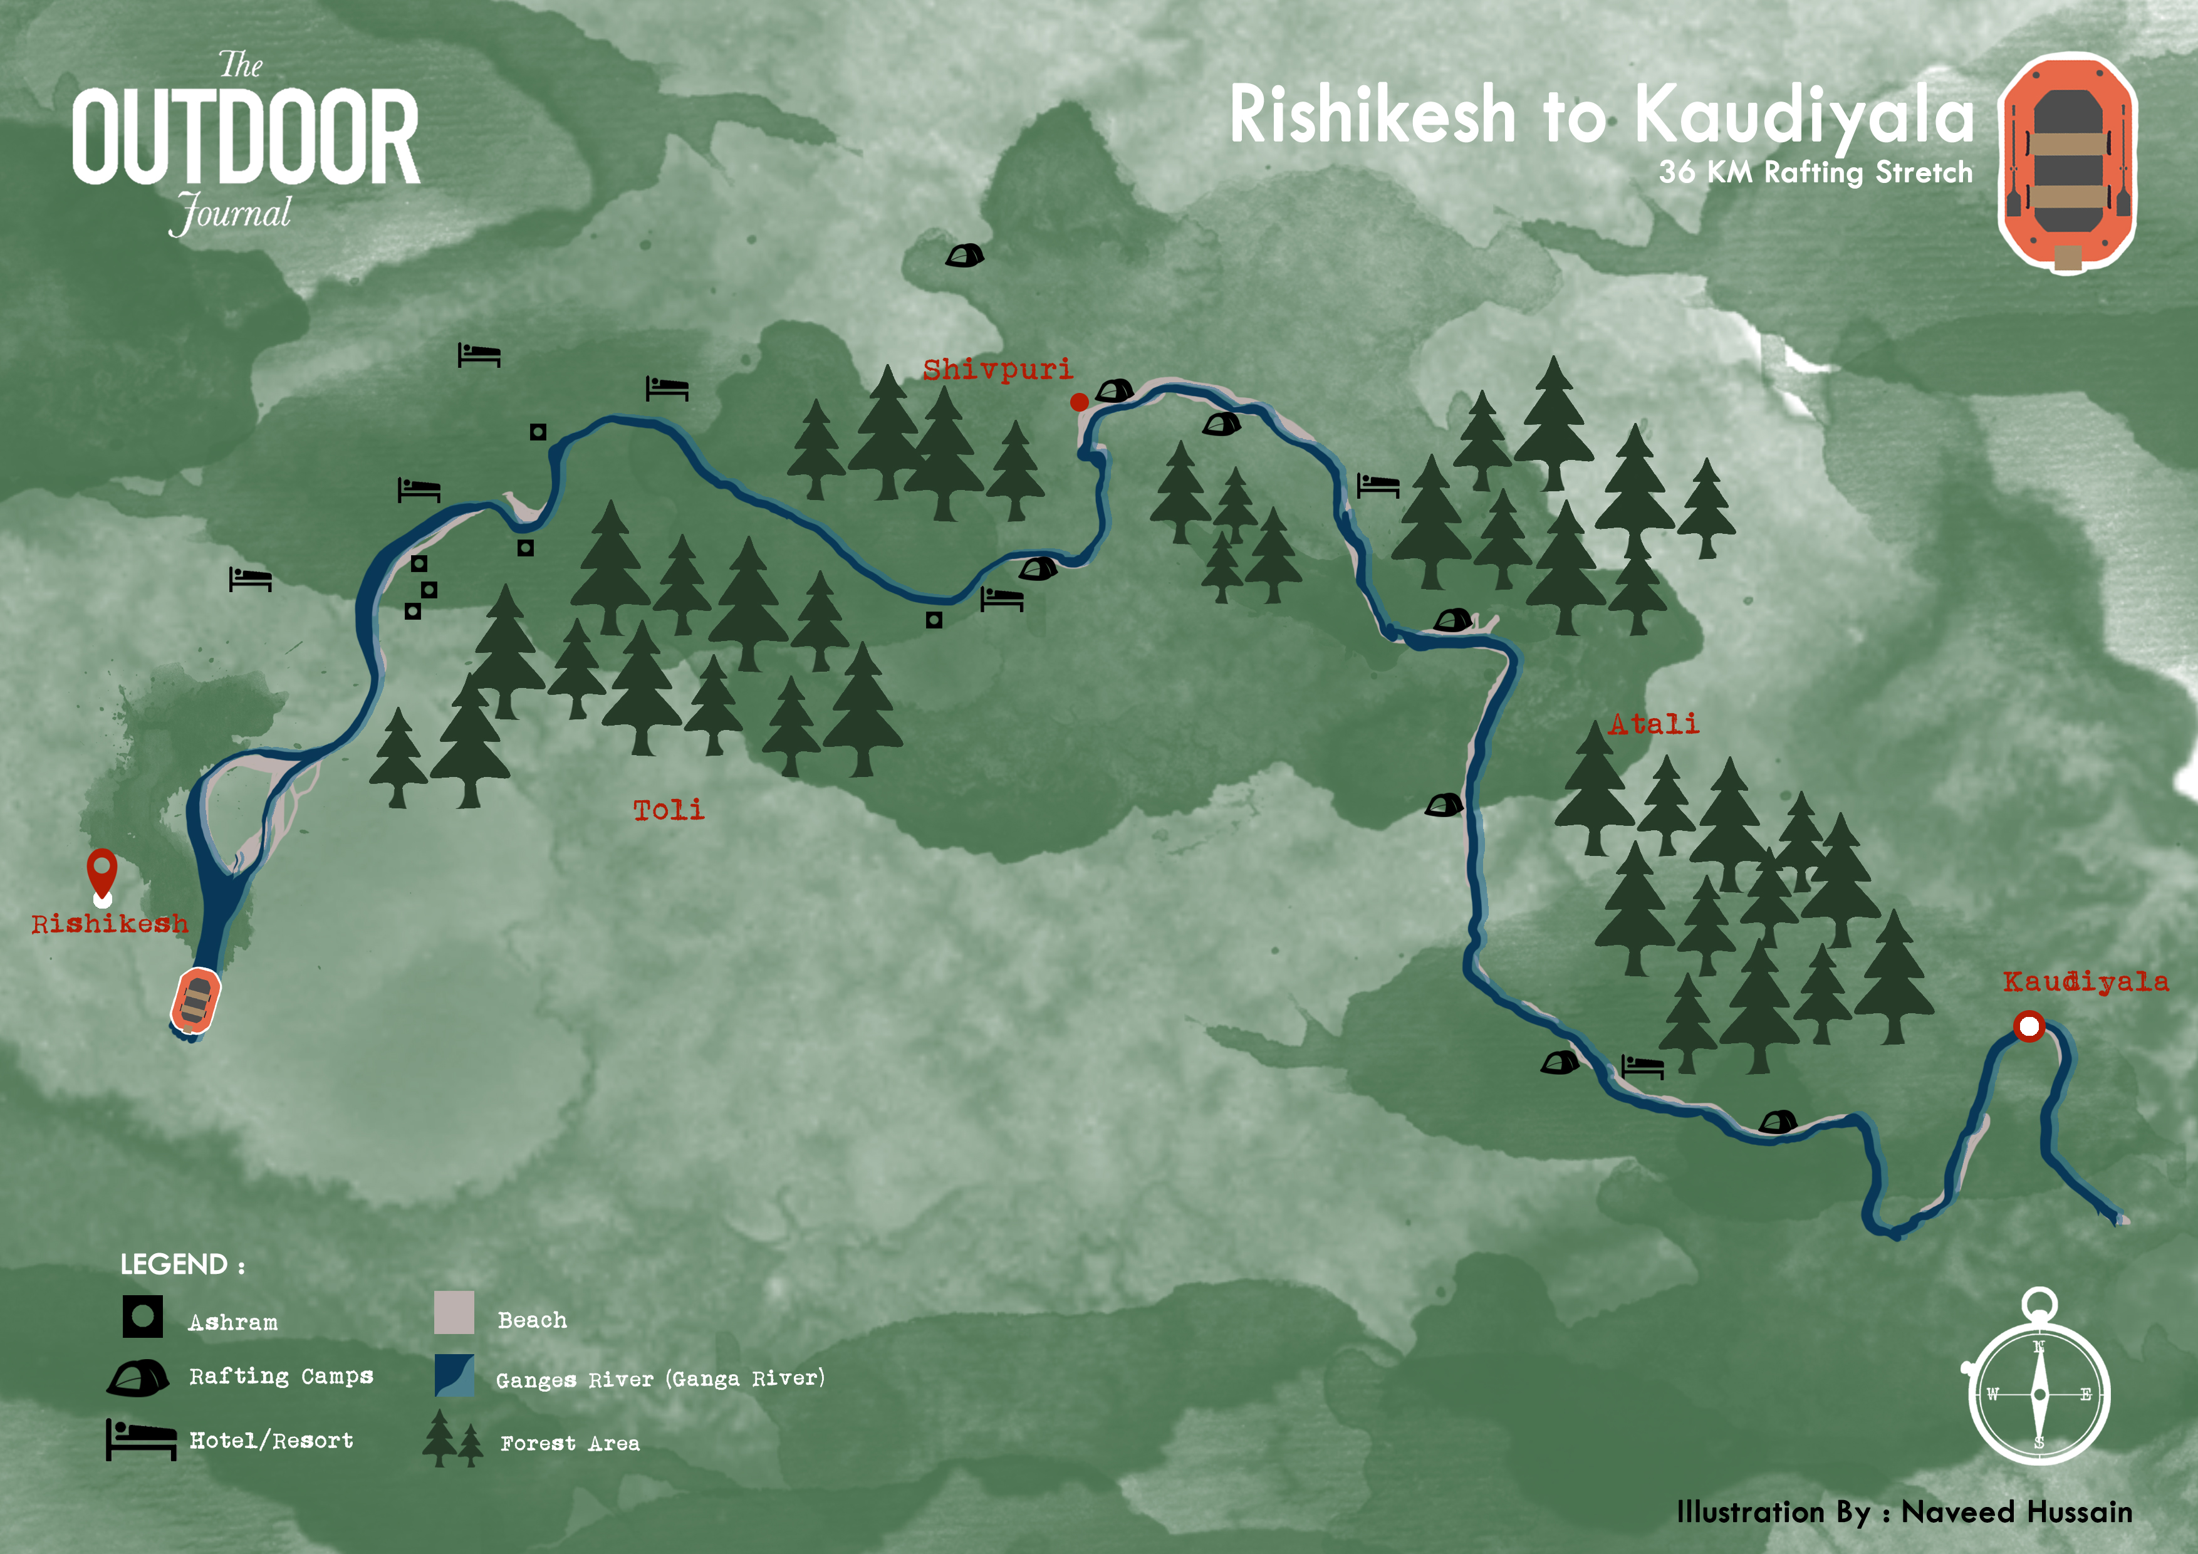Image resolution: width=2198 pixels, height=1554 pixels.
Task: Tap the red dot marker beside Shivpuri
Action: pos(1079,402)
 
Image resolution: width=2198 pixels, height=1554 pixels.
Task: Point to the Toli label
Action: pos(668,810)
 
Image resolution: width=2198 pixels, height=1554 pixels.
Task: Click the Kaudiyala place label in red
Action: pos(2085,981)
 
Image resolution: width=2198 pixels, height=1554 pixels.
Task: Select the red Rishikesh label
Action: pos(109,924)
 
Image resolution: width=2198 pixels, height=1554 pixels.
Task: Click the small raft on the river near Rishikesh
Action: pos(195,1001)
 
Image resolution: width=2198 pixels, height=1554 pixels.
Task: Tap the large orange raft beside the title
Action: pos(2067,163)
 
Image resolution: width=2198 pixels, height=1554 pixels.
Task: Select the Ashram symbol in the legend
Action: pos(143,1317)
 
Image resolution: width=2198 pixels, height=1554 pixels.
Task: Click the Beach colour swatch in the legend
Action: pos(454,1312)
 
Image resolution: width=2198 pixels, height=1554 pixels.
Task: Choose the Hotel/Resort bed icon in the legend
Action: pos(141,1439)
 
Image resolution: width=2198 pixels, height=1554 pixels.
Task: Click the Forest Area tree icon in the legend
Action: pos(452,1439)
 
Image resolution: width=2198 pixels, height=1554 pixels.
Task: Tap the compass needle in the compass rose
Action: pos(2039,1395)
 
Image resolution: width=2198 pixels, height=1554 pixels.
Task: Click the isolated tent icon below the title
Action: pos(964,256)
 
